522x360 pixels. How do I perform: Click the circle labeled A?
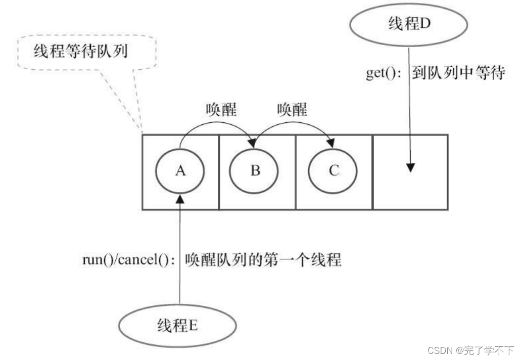click(180, 171)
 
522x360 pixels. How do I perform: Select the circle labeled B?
click(255, 171)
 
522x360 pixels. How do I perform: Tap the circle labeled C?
click(333, 171)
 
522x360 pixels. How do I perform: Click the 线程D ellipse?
click(408, 24)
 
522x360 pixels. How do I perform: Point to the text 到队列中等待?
click(457, 73)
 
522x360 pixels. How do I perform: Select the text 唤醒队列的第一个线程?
click(263, 260)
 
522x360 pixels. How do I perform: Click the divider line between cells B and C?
click(296, 172)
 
